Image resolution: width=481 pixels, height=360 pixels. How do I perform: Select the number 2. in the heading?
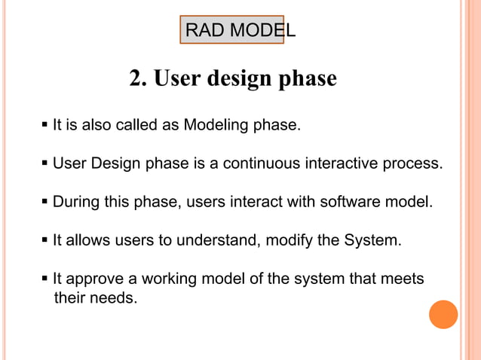pos(139,79)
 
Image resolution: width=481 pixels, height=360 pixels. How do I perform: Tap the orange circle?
pos(443,314)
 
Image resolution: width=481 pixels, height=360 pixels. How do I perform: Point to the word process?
pos(413,163)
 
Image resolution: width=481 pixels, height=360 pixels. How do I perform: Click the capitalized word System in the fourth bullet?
pos(372,240)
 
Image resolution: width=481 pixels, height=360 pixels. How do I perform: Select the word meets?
pos(404,279)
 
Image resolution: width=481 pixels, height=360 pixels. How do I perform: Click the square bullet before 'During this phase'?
pos(45,202)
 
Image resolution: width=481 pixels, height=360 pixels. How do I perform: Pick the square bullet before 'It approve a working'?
pos(45,279)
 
